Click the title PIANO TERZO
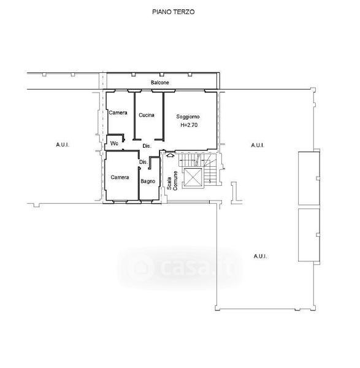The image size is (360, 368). coord(173,12)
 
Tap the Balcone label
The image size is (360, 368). coord(160,83)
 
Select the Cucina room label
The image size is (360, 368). coord(147,115)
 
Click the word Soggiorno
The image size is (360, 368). coord(188,117)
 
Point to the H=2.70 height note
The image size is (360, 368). coord(189,125)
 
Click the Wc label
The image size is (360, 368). coord(114,143)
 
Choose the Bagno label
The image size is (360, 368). coord(148,182)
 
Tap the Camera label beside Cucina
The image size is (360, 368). coord(118,113)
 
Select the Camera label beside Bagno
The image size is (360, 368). coord(120,177)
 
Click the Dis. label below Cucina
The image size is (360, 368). coord(147,146)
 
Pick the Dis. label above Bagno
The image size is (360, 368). coord(144,162)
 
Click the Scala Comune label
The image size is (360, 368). coord(172,180)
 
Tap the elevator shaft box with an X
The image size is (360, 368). coord(193,177)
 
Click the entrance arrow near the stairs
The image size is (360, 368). coord(170,155)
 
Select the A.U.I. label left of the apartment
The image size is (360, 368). coord(63,145)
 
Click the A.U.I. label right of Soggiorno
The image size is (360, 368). coord(258,145)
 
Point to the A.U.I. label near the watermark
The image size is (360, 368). coord(260,256)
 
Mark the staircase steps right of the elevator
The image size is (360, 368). coord(210,169)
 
